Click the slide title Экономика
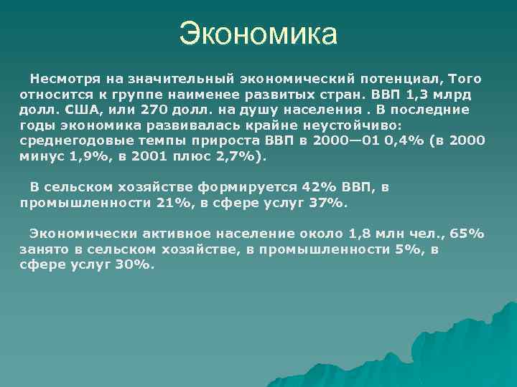tap(258, 34)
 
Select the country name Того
tap(465, 78)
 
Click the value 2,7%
tap(228, 156)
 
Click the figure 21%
tap(174, 203)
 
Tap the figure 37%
tap(326, 203)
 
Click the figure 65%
tap(467, 234)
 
